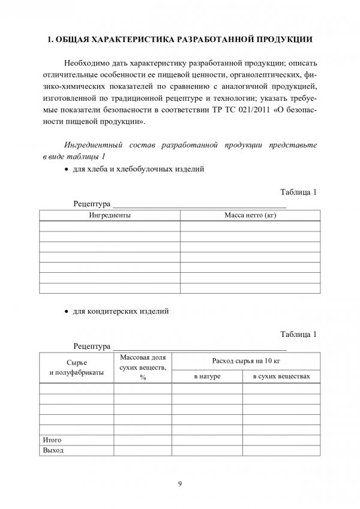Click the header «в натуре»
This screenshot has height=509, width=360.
tap(207, 376)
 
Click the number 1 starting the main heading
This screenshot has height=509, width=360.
tap(50, 40)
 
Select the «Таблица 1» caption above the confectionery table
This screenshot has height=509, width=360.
tap(298, 334)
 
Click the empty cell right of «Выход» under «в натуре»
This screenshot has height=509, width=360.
tap(207, 450)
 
